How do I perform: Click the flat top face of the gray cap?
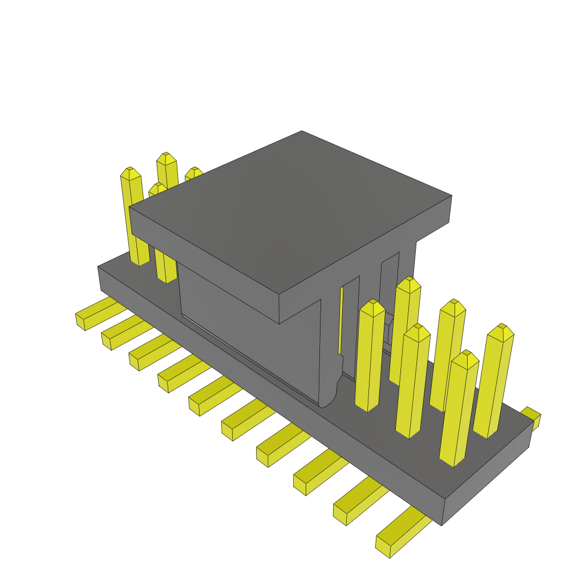tap(291, 211)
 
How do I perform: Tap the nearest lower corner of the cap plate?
tap(279, 323)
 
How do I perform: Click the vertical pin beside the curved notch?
tap(370, 356)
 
